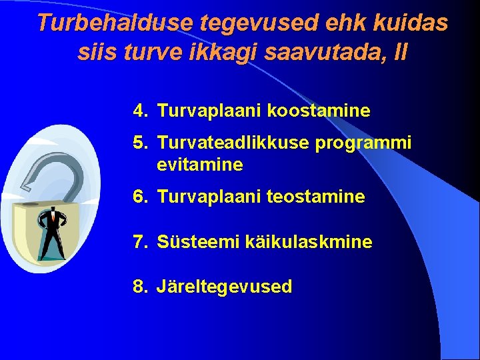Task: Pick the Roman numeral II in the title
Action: coord(400,51)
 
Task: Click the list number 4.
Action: coord(139,111)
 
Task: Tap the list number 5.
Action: coord(139,143)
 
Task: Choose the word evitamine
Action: coord(200,165)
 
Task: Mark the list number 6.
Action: coord(139,197)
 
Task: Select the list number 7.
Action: coord(139,242)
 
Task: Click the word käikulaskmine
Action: coord(304,242)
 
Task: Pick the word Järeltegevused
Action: coord(225,287)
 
